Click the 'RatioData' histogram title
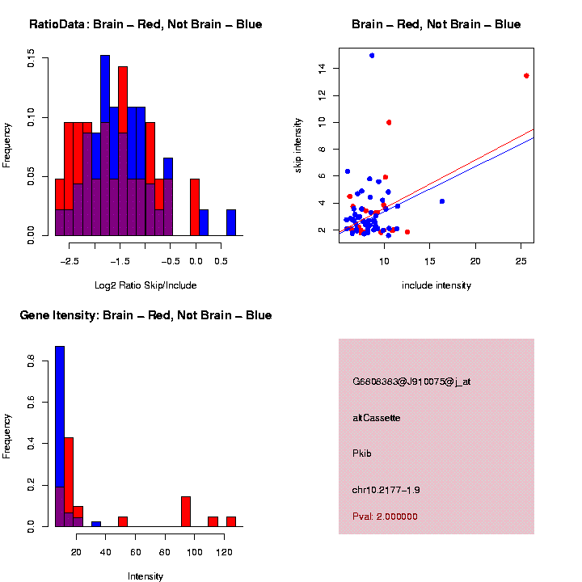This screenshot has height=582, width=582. coord(145,24)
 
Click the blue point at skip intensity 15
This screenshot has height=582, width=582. coord(372,55)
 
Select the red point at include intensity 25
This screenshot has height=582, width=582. coord(526,76)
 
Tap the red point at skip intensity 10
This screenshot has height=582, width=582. coord(389,122)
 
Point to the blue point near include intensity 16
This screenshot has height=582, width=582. coord(442,201)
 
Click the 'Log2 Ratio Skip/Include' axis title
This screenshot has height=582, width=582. coord(145,285)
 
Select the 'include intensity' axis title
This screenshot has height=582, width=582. coord(436,285)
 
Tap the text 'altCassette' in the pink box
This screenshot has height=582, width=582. coord(377,418)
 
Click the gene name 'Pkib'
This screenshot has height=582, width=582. coord(362,453)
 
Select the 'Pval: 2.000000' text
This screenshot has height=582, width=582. coord(385,517)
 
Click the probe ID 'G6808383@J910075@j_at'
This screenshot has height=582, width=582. coord(411,382)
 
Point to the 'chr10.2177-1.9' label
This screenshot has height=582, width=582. coord(386,490)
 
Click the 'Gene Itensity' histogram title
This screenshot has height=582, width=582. coord(145,315)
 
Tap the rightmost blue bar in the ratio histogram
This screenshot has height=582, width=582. coord(231,222)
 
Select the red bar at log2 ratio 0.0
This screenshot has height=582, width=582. coord(195,207)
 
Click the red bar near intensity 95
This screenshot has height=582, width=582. coord(186,512)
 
